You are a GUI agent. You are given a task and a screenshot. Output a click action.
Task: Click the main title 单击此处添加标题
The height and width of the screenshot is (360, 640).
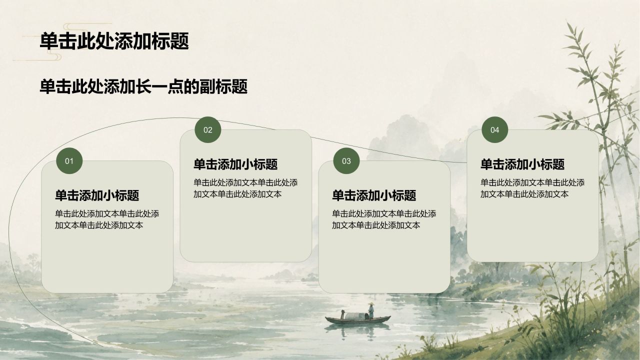tap(114, 41)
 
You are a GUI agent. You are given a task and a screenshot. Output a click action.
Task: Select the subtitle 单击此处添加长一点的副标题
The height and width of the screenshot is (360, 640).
tap(143, 86)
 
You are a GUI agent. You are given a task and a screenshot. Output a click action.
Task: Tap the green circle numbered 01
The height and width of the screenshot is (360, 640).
tap(69, 161)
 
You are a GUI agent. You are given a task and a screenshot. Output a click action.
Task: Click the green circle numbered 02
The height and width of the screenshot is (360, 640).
tap(207, 129)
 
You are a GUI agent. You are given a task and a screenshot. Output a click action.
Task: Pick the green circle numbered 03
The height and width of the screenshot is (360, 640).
tap(346, 161)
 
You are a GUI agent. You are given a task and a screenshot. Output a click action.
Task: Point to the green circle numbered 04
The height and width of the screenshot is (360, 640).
tap(494, 129)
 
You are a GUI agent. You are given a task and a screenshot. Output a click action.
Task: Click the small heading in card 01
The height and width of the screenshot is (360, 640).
tap(97, 195)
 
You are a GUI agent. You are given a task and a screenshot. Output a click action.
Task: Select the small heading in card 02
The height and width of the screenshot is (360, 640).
tap(235, 164)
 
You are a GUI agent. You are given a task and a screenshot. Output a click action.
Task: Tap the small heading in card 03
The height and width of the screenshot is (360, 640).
tap(374, 195)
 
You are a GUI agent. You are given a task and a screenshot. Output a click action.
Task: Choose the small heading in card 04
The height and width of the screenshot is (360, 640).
tap(522, 164)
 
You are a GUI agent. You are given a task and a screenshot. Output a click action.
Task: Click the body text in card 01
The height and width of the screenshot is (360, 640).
tap(107, 219)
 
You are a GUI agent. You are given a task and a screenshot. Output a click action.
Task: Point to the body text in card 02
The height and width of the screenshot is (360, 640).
tap(245, 188)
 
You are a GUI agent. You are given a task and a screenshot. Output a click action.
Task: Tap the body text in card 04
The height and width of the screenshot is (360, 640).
tap(532, 188)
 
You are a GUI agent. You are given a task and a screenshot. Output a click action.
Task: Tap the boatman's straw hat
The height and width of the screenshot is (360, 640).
tap(371, 303)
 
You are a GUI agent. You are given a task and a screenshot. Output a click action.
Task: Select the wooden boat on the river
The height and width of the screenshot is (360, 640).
tap(357, 319)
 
